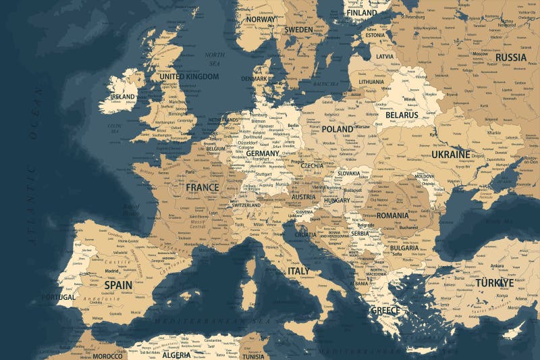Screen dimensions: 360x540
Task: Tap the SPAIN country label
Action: pyautogui.click(x=118, y=285)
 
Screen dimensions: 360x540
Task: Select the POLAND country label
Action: pyautogui.click(x=337, y=128)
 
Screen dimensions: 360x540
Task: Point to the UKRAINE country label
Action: pyautogui.click(x=451, y=155)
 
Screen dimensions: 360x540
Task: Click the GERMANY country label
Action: pyautogui.click(x=263, y=153)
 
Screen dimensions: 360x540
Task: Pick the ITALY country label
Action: pyautogui.click(x=298, y=271)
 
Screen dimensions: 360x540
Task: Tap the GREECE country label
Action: pyautogui.click(x=386, y=311)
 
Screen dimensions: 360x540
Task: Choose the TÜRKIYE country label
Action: pyautogui.click(x=495, y=283)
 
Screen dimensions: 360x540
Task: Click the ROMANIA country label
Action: pyautogui.click(x=393, y=215)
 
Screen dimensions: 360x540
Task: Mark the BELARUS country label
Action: pyautogui.click(x=402, y=115)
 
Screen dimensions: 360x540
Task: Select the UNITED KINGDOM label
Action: pyautogui.click(x=189, y=77)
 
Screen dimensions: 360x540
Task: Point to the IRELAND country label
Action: pyautogui.click(x=123, y=97)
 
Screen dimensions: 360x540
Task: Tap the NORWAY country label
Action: pyautogui.click(x=261, y=20)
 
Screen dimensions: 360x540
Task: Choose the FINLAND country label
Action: pyautogui.click(x=361, y=12)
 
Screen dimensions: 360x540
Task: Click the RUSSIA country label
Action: pyautogui.click(x=511, y=57)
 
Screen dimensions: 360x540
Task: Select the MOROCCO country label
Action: pyautogui.click(x=107, y=356)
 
